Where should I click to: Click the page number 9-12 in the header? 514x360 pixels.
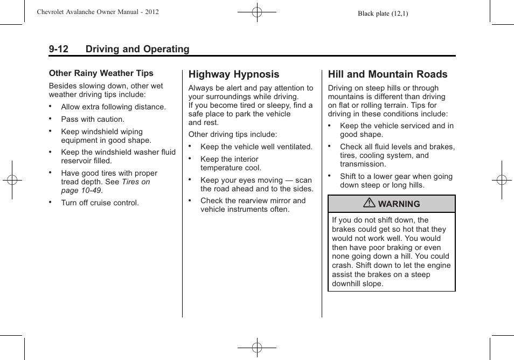(58, 49)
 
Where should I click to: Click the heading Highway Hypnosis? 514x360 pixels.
(234, 74)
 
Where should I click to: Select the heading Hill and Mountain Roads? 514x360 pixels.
(387, 74)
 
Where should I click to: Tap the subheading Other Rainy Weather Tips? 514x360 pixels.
(101, 73)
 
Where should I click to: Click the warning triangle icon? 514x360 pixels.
(369, 204)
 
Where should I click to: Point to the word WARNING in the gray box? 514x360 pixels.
(399, 204)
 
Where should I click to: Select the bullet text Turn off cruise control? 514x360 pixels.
(100, 203)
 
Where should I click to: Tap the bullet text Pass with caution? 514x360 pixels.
(93, 119)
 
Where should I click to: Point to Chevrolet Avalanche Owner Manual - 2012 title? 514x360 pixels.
(98, 12)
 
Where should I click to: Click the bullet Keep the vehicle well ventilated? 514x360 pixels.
(256, 147)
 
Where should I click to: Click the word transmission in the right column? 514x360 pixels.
(363, 164)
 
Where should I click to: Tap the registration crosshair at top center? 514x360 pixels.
(257, 11)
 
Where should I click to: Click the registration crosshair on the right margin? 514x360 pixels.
(502, 180)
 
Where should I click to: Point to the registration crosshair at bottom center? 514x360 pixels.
(257, 348)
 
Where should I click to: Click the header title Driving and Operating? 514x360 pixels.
(137, 49)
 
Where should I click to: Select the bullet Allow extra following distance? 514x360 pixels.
(113, 107)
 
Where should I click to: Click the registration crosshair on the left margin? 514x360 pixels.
(12, 180)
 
